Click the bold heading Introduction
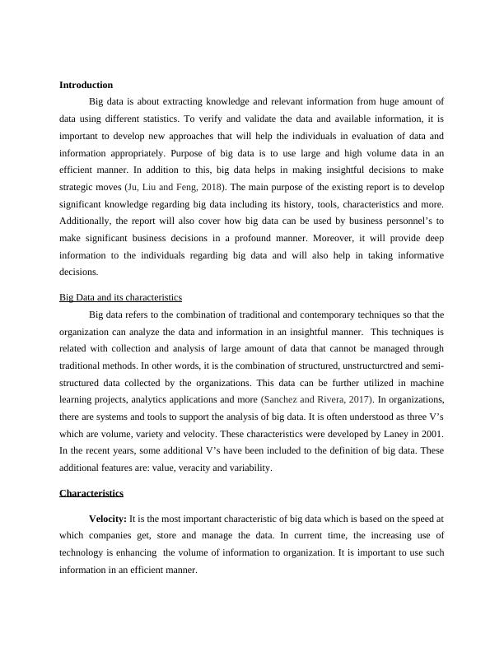tap(86, 85)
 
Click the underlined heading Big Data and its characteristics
tap(120, 297)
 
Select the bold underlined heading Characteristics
tap(91, 493)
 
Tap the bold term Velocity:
tap(107, 519)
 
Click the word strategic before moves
tap(78, 187)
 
